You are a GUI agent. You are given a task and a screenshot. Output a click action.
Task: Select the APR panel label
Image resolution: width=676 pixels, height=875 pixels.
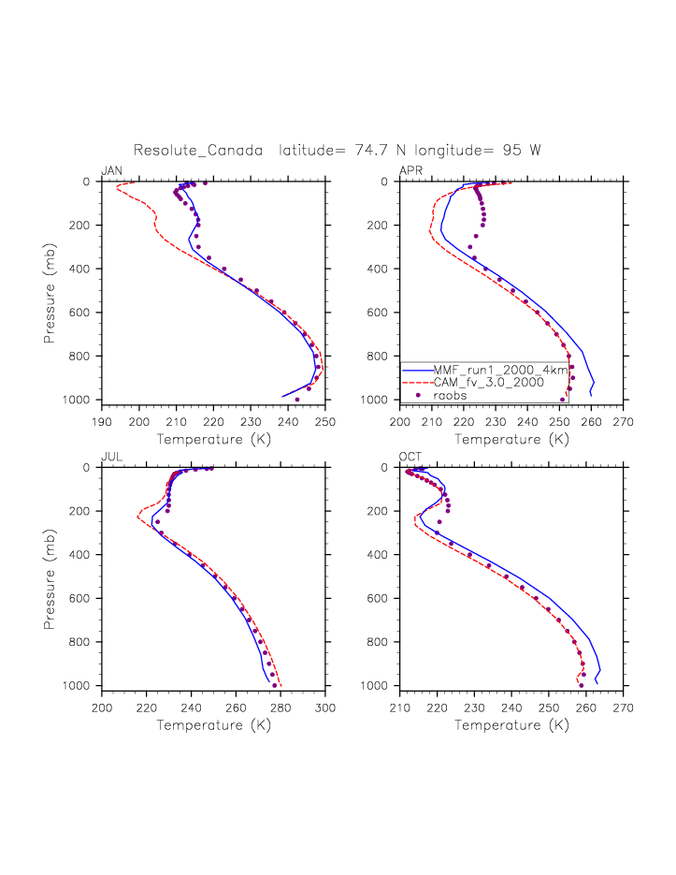point(410,170)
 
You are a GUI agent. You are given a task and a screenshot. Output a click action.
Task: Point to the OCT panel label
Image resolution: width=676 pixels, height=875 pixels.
point(410,457)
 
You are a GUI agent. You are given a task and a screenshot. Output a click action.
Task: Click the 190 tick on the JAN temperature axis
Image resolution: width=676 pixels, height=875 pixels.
point(102,415)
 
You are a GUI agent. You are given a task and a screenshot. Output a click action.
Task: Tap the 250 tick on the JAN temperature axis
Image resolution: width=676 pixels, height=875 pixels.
point(324,415)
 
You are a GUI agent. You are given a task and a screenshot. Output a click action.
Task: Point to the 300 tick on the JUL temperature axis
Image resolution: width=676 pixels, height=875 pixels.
point(324,701)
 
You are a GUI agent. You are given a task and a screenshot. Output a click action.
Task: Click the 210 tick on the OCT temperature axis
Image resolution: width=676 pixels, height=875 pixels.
point(400,701)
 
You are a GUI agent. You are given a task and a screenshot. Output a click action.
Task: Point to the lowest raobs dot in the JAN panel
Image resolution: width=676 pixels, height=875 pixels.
point(297,400)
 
